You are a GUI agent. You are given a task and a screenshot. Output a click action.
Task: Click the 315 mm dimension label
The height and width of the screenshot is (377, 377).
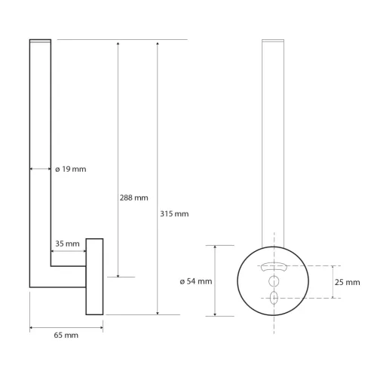click(x=176, y=214)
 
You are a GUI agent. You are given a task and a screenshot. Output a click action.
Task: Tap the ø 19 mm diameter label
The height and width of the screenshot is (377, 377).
click(x=71, y=169)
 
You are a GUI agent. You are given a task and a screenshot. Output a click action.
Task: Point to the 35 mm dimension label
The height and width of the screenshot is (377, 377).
click(x=67, y=244)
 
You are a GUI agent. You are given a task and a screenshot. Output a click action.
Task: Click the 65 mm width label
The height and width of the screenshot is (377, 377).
click(x=66, y=335)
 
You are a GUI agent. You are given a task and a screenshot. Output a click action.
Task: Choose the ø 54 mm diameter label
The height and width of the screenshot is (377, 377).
click(x=196, y=281)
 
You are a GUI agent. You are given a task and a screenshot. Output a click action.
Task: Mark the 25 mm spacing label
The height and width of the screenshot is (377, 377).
click(x=347, y=281)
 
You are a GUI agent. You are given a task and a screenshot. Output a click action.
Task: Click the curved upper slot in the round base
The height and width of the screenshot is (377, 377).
click(x=273, y=266)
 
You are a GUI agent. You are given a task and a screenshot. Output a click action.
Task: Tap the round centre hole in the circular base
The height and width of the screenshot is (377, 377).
click(x=273, y=281)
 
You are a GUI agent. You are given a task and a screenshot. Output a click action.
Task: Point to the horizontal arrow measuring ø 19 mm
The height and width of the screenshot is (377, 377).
click(x=41, y=169)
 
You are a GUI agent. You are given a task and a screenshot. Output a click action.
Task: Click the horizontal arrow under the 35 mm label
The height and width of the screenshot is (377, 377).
click(x=68, y=251)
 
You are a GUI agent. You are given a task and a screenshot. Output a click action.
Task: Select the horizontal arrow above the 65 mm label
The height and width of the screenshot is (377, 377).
click(x=66, y=326)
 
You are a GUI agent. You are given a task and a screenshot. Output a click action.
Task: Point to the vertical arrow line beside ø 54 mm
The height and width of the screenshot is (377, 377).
click(x=216, y=280)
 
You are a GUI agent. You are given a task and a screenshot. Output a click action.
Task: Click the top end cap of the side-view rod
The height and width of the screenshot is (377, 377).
click(x=40, y=39)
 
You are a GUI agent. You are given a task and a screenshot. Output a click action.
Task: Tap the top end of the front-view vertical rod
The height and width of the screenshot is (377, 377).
click(x=273, y=39)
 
